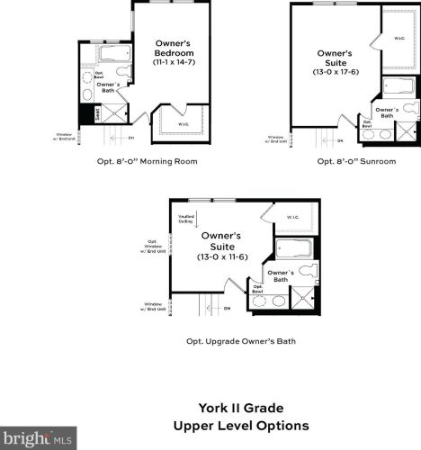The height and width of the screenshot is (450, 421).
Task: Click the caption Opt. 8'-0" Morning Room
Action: (x=147, y=162)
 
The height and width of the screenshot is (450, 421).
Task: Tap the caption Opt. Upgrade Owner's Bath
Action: (x=240, y=341)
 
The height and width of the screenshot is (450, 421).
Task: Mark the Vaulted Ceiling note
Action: (x=186, y=218)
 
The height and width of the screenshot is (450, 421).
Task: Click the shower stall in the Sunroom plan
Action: (x=408, y=131)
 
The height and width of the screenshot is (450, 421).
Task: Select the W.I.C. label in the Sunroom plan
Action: (x=399, y=39)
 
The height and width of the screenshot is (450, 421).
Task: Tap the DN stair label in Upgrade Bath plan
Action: (x=228, y=309)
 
